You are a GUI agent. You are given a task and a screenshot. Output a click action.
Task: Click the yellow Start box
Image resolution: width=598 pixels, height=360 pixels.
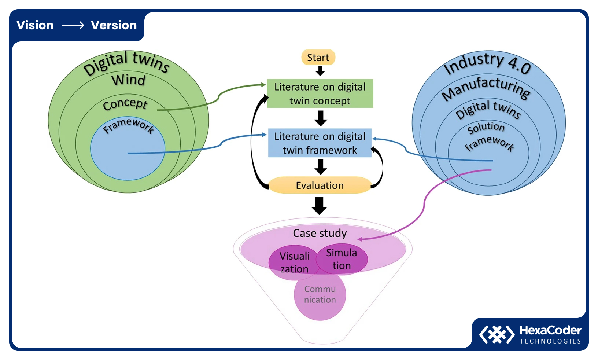(318, 58)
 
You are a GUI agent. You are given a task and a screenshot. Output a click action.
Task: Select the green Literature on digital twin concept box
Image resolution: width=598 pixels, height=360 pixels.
(320, 93)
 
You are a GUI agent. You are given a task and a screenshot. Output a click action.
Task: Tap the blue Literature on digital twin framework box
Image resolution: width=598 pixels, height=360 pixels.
(320, 143)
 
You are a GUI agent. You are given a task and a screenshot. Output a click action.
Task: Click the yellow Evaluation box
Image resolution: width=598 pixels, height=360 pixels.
(320, 185)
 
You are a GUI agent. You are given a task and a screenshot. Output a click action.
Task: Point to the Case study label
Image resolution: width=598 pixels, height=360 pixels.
(320, 233)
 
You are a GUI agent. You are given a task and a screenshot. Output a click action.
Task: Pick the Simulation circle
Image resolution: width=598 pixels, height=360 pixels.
(342, 259)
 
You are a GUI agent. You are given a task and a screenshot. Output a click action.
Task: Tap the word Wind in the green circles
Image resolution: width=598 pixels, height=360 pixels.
(128, 80)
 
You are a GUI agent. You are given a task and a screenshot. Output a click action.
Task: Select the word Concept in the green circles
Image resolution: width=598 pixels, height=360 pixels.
(125, 104)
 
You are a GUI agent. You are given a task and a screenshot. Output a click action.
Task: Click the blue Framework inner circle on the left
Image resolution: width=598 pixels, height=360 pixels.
(128, 154)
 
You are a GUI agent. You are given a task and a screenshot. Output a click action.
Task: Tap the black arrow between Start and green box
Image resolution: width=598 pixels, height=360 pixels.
(320, 71)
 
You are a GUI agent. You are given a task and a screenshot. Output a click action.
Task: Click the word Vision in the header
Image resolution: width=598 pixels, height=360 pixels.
(35, 25)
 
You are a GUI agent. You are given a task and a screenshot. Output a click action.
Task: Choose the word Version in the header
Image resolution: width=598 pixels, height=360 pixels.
(114, 25)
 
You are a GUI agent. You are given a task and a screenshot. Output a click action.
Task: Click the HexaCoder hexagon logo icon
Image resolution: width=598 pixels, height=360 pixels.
(497, 334)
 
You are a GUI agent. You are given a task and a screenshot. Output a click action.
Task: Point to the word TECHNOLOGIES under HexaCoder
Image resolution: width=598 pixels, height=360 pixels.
(550, 341)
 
